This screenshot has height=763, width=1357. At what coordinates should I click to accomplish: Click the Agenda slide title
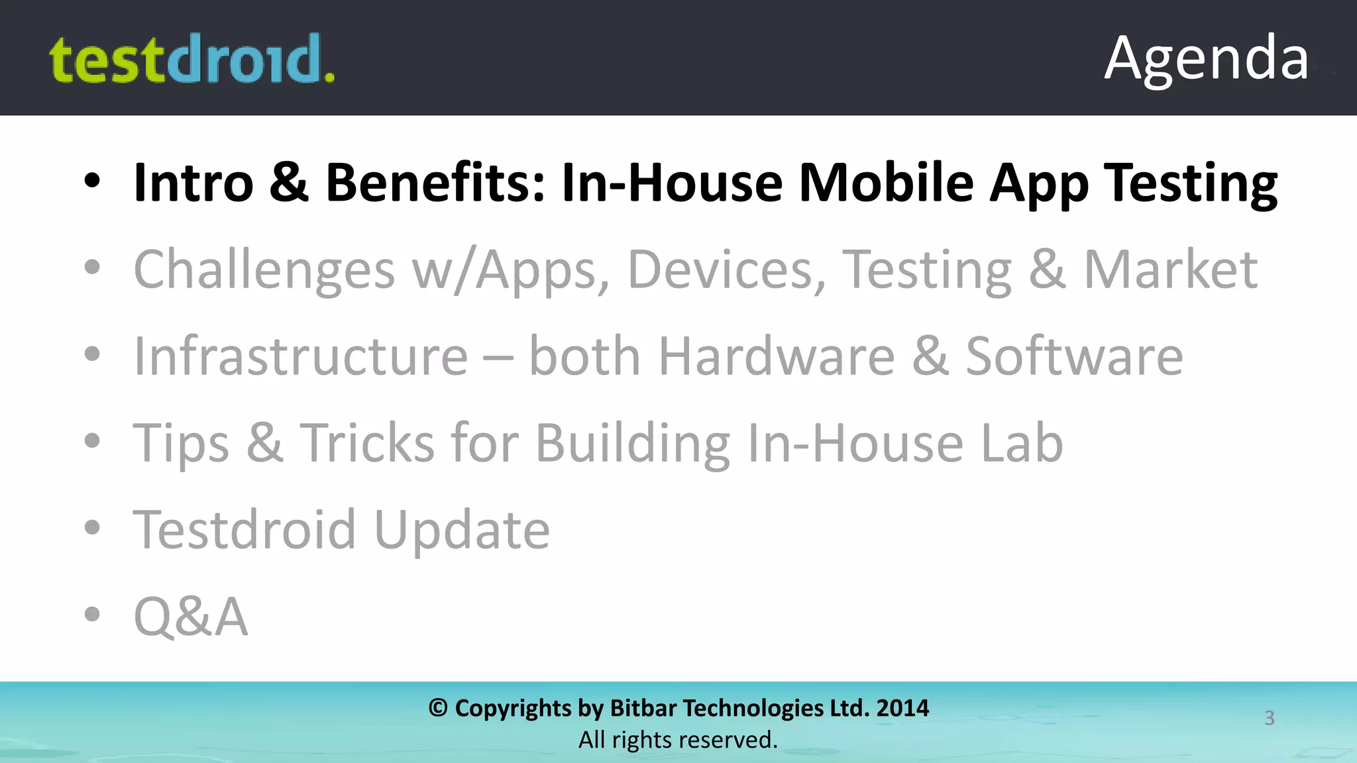click(x=1206, y=58)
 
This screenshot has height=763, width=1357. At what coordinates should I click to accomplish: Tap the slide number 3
click(x=1269, y=718)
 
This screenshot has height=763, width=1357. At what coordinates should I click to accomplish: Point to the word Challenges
click(x=264, y=270)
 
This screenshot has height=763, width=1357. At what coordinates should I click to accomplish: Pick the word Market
click(x=1170, y=270)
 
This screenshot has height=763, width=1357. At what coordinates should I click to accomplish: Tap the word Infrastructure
click(x=301, y=356)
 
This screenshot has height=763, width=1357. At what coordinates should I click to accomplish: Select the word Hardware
click(x=776, y=356)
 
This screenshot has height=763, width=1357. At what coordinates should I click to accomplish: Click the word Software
click(x=1073, y=356)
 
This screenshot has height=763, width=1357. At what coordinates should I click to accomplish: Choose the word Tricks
click(x=367, y=442)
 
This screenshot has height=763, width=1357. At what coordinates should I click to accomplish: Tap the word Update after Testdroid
click(x=462, y=530)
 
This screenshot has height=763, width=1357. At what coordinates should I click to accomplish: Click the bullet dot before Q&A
click(x=92, y=614)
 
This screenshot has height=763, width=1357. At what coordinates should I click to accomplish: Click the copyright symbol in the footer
click(x=438, y=708)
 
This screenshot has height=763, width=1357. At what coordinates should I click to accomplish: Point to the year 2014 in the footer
click(x=902, y=708)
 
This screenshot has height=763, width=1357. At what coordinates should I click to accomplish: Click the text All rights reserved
click(x=678, y=740)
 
